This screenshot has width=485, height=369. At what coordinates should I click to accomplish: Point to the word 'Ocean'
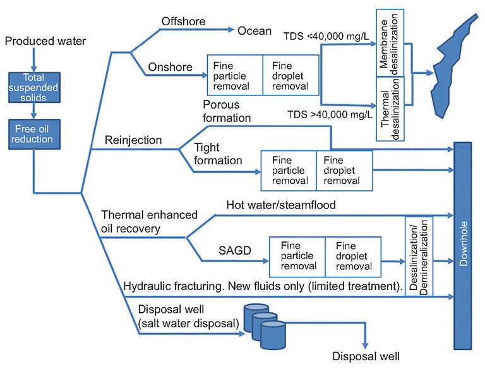click(254, 30)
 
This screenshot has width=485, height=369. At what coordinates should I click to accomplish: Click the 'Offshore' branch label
click(184, 21)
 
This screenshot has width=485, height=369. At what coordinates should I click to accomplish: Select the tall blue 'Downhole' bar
click(462, 246)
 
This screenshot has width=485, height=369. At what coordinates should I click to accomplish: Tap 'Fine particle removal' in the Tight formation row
click(288, 171)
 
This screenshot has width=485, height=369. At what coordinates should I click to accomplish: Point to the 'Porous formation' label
click(227, 111)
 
